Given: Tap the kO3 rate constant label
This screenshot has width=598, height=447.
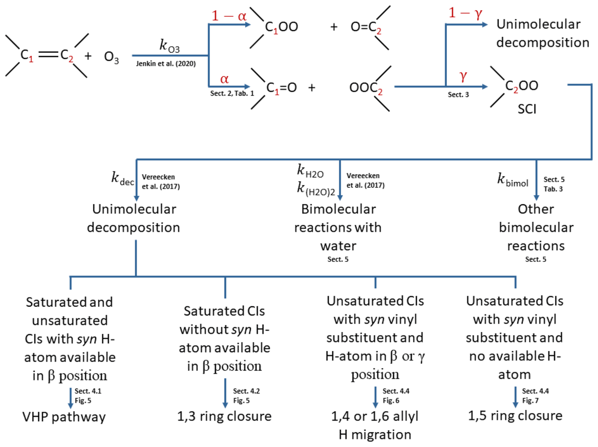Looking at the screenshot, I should click(170, 46).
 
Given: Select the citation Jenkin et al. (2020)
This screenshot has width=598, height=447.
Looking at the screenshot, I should click(166, 64).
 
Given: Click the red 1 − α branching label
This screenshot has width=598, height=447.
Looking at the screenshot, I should click(229, 16).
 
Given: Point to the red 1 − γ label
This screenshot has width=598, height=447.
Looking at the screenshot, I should click(465, 13).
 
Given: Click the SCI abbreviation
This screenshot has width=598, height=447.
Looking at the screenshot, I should click(527, 109).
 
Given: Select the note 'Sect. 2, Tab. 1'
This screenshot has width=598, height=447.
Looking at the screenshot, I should click(232, 93).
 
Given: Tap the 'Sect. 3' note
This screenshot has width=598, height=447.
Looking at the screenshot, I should click(458, 95).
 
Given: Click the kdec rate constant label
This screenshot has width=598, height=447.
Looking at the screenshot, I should click(123, 178).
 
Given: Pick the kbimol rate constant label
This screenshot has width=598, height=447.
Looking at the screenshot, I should click(513, 180).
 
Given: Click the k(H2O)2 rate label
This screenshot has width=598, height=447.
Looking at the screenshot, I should click(316, 189).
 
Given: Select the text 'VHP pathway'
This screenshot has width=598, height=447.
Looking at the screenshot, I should click(64, 417).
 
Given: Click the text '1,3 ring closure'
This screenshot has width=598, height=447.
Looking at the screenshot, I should click(224, 416).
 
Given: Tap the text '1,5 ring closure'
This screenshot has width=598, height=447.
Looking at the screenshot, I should click(515, 416).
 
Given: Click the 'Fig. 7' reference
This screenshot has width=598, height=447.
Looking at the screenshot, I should click(530, 401).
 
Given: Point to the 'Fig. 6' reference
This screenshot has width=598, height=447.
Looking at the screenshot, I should click(391, 401).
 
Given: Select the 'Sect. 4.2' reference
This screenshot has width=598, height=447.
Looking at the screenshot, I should click(246, 391).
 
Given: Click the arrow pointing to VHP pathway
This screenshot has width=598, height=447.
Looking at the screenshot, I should click(70, 398).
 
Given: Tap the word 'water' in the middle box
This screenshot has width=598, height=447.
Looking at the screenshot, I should click(338, 246).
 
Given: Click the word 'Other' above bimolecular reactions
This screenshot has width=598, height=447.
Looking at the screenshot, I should click(536, 209).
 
